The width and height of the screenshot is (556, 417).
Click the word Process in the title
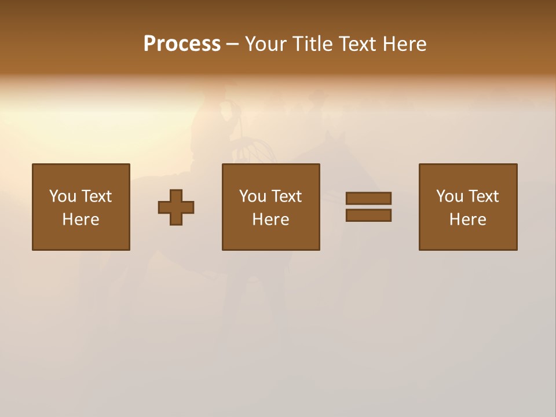click(x=182, y=44)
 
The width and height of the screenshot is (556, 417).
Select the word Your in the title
click(x=266, y=44)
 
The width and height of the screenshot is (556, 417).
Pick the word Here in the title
click(x=407, y=44)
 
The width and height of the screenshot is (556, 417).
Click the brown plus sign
click(x=176, y=207)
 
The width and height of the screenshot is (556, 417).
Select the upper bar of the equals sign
click(x=368, y=198)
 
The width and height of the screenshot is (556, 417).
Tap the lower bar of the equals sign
click(x=368, y=215)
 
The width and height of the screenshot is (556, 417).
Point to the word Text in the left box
click(x=96, y=196)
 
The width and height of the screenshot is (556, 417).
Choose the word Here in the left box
click(x=81, y=220)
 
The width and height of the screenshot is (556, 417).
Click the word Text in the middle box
click(x=286, y=196)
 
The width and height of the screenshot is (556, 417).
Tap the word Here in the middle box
click(x=270, y=220)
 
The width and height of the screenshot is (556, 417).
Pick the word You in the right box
click(x=450, y=196)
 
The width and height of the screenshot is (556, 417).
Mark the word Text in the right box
click(x=483, y=196)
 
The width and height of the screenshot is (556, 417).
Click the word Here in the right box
click(x=467, y=220)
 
